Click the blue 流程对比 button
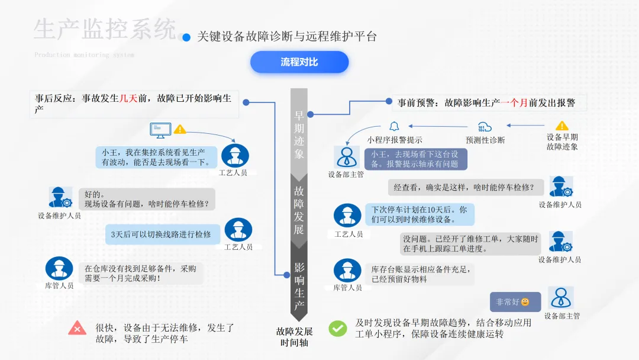(x=299, y=62)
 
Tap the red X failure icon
(x=77, y=327)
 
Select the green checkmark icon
(x=338, y=329)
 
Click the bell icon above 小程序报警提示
(x=394, y=126)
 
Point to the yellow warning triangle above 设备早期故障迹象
(x=561, y=126)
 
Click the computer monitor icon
(x=160, y=129)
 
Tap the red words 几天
(x=128, y=99)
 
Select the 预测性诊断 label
(x=485, y=140)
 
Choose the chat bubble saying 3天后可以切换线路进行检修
(x=162, y=234)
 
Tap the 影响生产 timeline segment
(x=299, y=287)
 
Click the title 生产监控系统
(x=105, y=29)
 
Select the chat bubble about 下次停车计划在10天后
(x=419, y=214)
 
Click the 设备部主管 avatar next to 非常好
(x=560, y=298)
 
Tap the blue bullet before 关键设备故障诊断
(x=186, y=37)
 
